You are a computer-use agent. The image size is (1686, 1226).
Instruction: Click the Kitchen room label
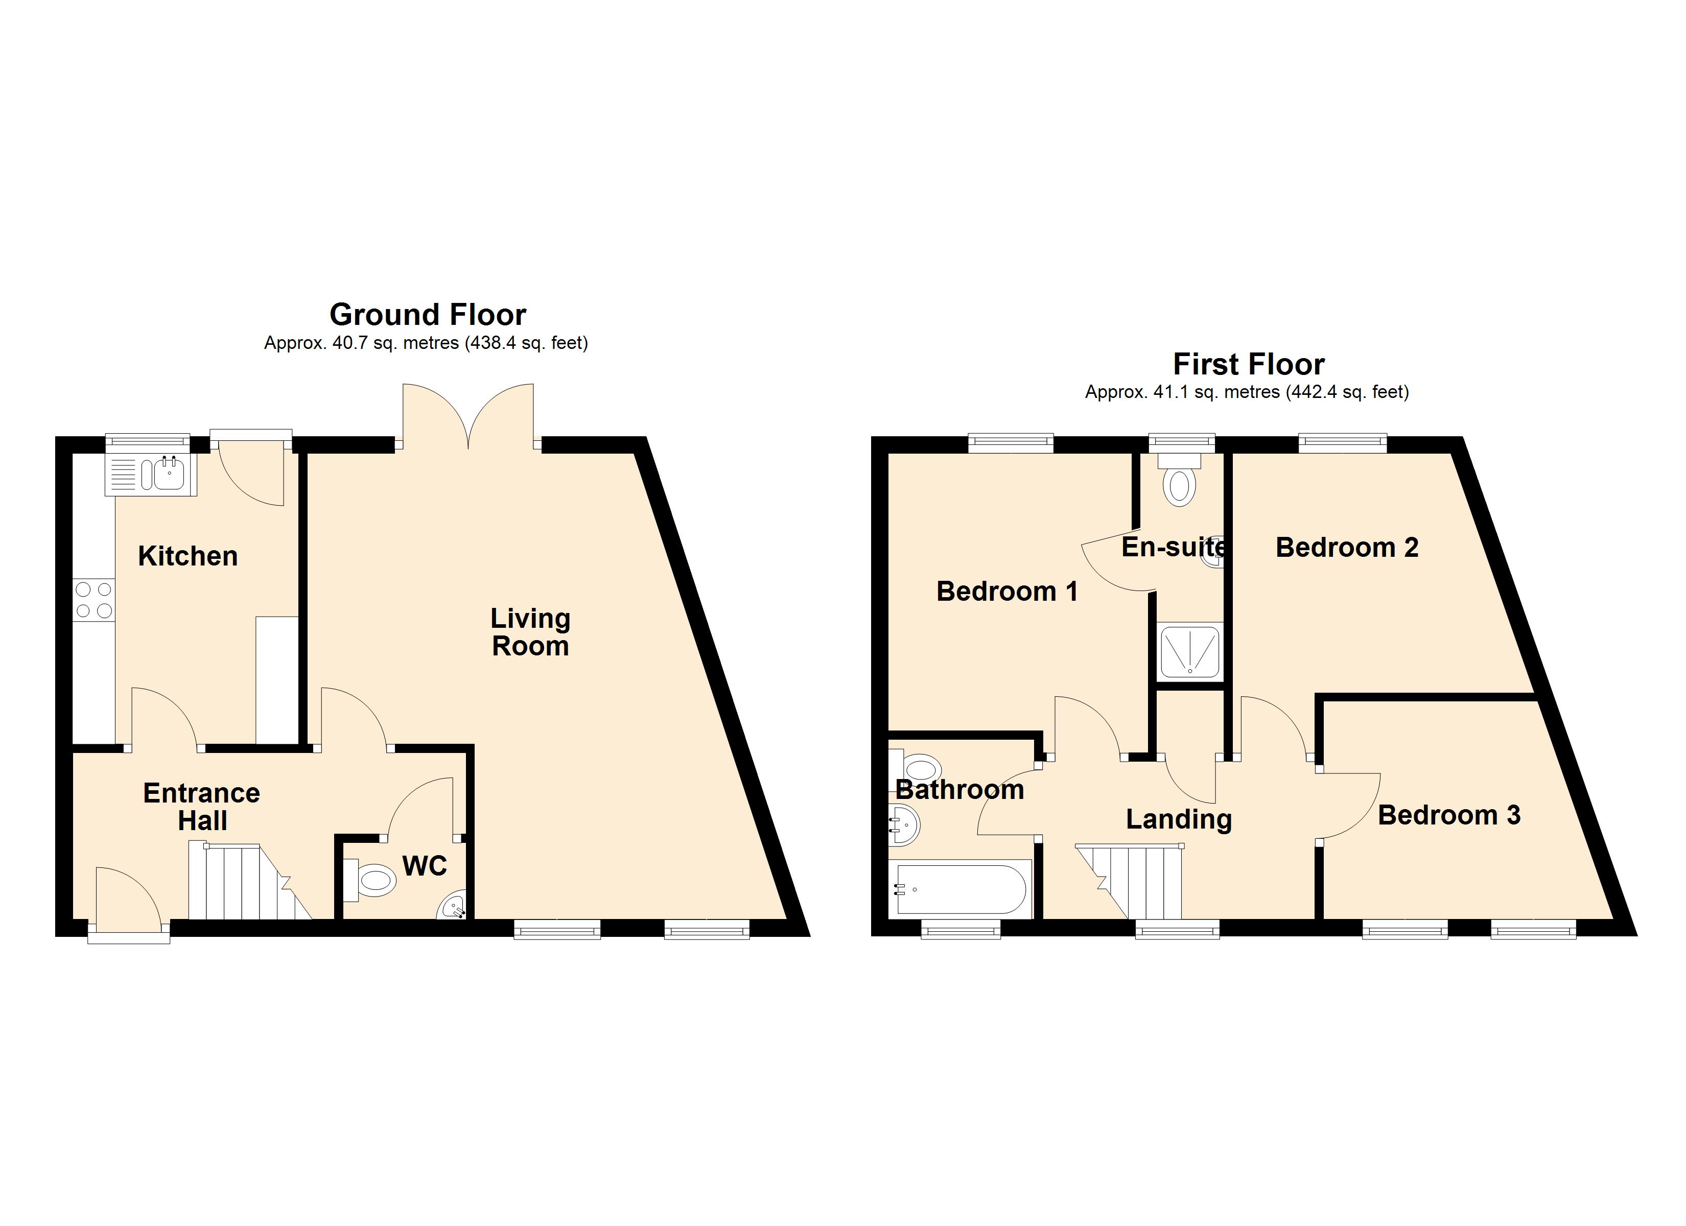188,556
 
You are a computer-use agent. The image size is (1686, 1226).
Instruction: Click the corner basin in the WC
454,907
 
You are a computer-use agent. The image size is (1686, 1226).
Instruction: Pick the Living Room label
530,632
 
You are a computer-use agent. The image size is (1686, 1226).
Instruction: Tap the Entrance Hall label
201,807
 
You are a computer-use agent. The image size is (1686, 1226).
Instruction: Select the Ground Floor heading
428,315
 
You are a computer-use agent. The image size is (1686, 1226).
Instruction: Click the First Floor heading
1248,364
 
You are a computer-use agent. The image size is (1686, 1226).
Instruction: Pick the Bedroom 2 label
1347,547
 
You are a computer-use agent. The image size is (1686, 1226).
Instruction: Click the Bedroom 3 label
1449,815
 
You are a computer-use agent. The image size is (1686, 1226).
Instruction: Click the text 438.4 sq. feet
526,343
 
